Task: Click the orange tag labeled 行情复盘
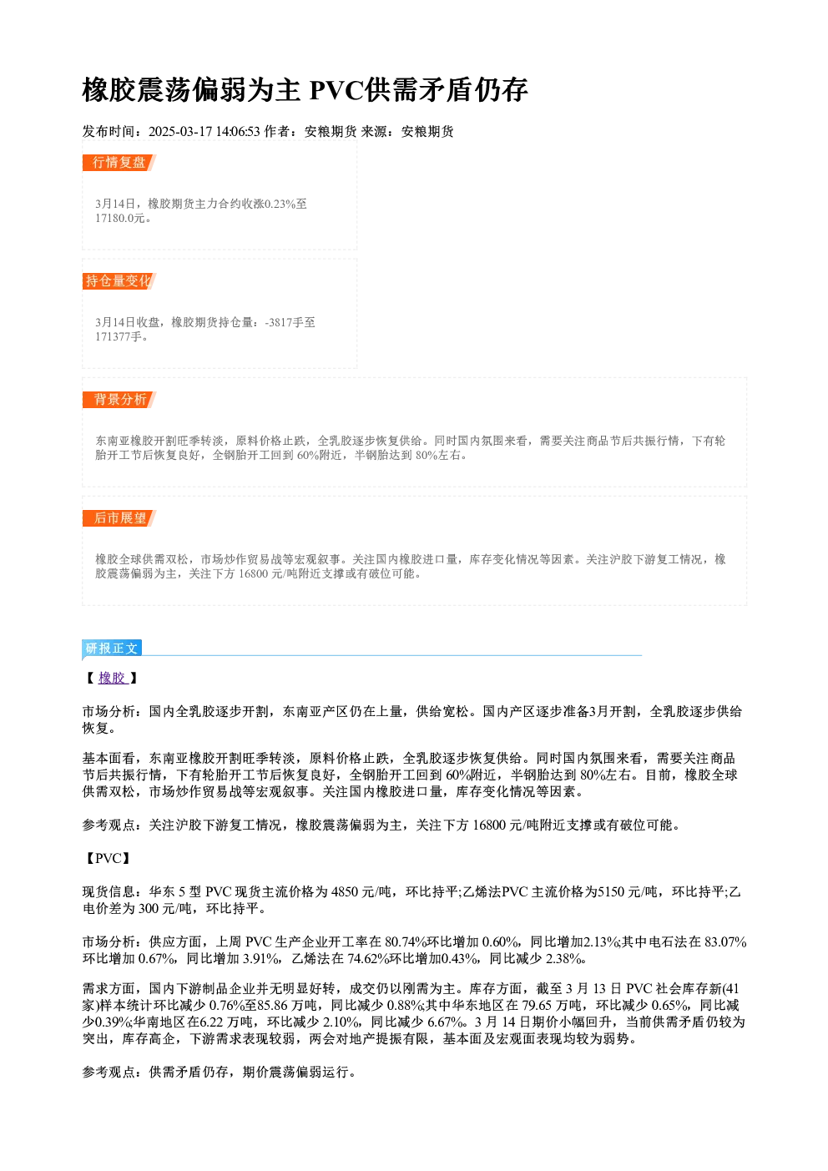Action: [x=119, y=163]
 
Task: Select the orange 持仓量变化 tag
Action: [x=119, y=281]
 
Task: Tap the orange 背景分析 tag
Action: [x=119, y=400]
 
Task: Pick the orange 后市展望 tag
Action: [x=119, y=518]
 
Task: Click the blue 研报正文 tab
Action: [x=112, y=649]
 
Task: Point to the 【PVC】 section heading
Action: [x=107, y=858]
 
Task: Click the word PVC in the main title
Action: [x=336, y=90]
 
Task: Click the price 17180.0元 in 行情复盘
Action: [x=119, y=219]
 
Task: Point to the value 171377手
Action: [x=119, y=337]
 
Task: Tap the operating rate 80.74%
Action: [x=406, y=942]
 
